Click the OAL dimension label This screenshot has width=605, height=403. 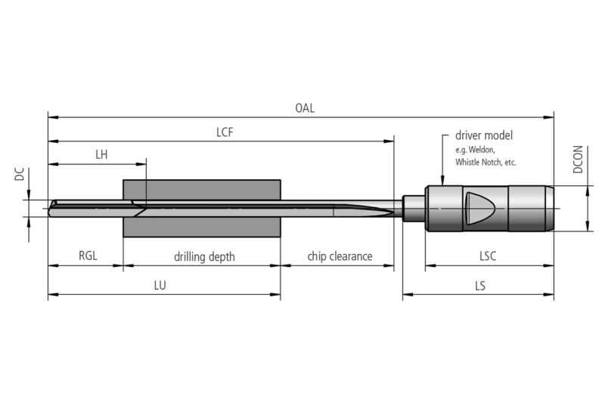click(305, 108)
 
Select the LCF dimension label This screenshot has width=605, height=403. click(225, 132)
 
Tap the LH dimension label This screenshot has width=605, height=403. click(102, 154)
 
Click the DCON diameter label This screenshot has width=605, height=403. click(578, 160)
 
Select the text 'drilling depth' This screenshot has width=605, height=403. click(204, 256)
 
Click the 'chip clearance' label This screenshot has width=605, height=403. click(340, 256)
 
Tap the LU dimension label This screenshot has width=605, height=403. click(160, 287)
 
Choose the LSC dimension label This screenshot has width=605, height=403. click(488, 256)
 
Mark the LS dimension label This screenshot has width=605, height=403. click(480, 287)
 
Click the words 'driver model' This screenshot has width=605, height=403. click(484, 136)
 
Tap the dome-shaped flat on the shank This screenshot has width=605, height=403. click(478, 207)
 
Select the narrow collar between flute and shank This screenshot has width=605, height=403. click(413, 208)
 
